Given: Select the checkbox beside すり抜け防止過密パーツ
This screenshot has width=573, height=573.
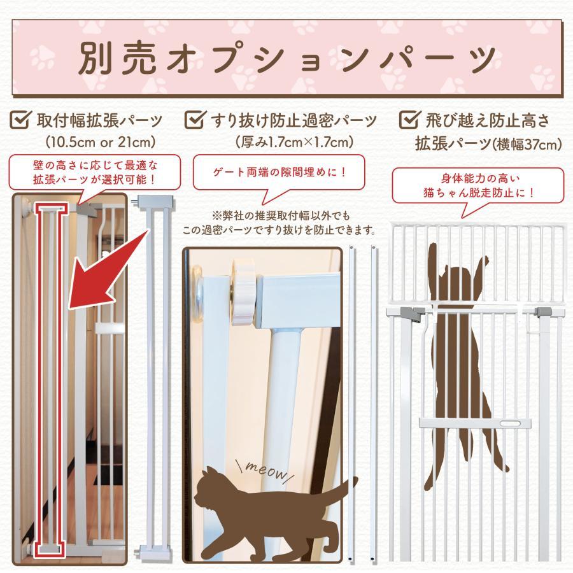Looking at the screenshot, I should [193, 119].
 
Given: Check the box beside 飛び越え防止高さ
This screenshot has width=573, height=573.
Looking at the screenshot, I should [408, 119].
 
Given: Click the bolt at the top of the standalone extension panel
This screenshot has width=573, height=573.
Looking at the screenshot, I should [138, 200].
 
